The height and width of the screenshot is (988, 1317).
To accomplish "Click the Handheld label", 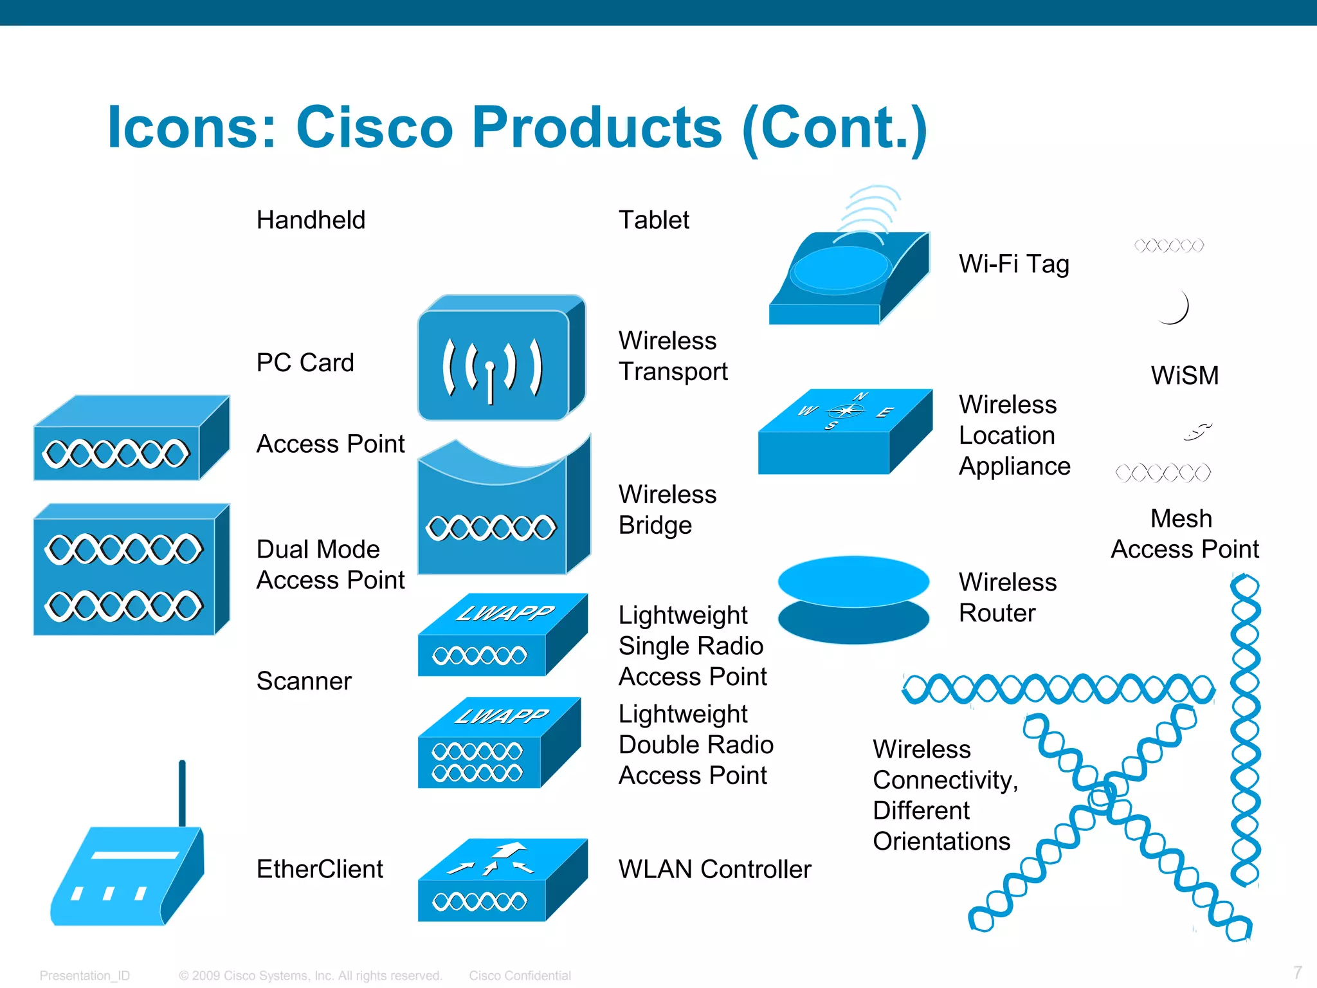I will click(311, 220).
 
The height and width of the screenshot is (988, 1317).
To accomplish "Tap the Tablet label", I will click(653, 220).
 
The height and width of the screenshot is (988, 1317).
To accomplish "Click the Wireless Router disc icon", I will click(853, 599).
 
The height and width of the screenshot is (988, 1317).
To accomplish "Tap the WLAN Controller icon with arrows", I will click(502, 879).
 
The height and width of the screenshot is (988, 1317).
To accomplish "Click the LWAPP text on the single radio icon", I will click(505, 613).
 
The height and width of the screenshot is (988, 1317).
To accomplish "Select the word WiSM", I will click(1185, 376).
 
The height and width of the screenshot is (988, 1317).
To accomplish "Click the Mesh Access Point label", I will click(1185, 534).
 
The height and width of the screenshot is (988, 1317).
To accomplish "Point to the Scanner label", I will click(304, 681).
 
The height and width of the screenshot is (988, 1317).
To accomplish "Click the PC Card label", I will click(305, 363).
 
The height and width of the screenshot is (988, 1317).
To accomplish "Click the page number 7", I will click(1298, 972).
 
